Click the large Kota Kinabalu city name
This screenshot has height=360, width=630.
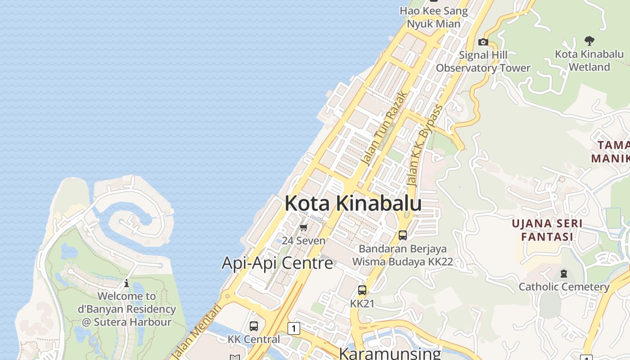coord(353,203)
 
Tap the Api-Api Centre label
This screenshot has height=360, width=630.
coord(277,263)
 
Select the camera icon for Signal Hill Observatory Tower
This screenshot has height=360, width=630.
coord(483,42)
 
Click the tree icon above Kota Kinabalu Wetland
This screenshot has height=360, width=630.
coord(589,41)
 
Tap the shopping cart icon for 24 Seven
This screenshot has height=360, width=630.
coord(304,228)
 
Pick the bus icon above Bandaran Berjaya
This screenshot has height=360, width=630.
coord(403,235)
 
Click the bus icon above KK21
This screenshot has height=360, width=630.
coord(362,290)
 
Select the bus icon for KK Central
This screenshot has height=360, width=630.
coord(254,326)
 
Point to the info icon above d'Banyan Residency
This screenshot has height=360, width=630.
coord(126,283)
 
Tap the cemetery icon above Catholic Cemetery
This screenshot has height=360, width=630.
coord(564,273)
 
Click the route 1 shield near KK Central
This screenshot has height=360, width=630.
coord(294,328)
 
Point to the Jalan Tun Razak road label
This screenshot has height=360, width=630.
coord(385,129)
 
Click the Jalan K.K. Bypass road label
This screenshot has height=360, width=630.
coord(425,146)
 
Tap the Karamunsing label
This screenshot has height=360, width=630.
coord(390,353)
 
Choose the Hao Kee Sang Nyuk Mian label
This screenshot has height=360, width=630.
coord(434,18)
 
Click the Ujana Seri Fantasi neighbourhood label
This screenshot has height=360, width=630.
coord(547,230)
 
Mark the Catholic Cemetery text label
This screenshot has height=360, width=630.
coord(564,287)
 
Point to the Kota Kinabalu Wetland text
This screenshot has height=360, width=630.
coord(589,60)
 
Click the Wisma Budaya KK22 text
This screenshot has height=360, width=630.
coord(402,262)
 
